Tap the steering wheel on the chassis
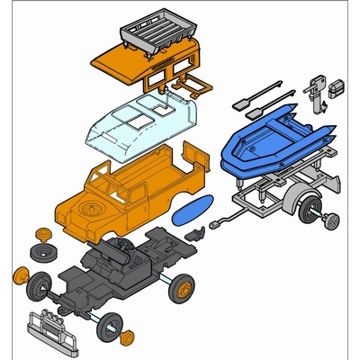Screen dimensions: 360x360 coord(118,245)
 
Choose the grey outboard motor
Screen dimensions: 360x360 coord(316,89)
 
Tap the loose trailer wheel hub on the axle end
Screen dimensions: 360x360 coord(332,220)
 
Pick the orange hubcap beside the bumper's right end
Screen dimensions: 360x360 coord(127,338)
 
